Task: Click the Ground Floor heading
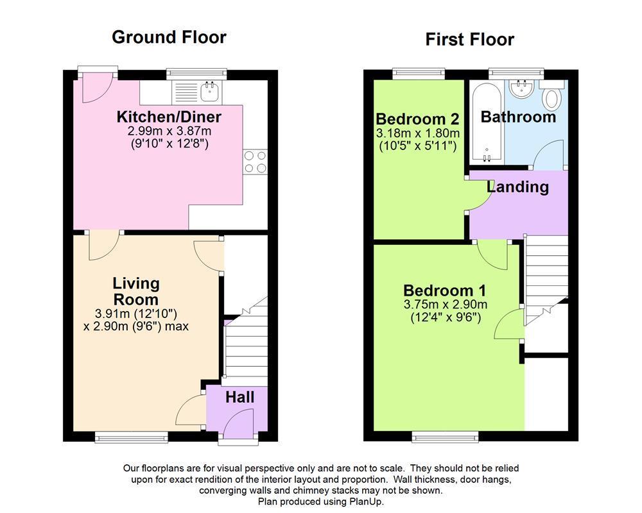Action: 169,37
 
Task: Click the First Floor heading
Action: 470,40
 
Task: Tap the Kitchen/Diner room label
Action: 169,117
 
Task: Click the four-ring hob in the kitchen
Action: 255,162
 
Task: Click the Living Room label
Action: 136,291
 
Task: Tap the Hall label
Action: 239,398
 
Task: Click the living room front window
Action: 132,437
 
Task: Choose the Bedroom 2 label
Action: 417,119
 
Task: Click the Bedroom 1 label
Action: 444,290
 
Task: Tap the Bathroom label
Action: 518,117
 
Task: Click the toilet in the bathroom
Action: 551,96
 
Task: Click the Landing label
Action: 517,187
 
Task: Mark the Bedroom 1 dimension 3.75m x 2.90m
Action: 445,305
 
